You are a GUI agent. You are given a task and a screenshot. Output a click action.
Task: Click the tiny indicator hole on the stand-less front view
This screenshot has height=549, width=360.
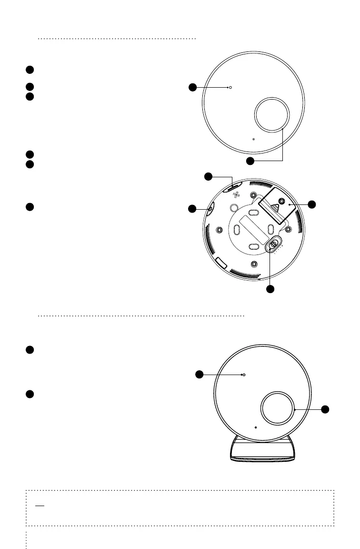click(230, 88)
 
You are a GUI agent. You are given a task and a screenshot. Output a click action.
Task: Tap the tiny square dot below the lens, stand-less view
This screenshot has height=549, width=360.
click(253, 140)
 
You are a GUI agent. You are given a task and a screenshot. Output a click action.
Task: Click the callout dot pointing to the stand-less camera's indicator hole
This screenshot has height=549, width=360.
click(191, 87)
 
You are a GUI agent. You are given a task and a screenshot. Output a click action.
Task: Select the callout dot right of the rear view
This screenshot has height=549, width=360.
click(312, 204)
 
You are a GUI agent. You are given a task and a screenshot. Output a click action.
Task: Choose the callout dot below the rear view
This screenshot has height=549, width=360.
click(270, 289)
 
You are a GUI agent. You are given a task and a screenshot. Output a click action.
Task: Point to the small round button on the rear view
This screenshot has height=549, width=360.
click(233, 208)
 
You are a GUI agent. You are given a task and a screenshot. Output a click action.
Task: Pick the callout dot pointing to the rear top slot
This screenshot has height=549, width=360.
click(208, 177)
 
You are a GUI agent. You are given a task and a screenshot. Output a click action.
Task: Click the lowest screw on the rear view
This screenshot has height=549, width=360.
click(254, 264)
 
